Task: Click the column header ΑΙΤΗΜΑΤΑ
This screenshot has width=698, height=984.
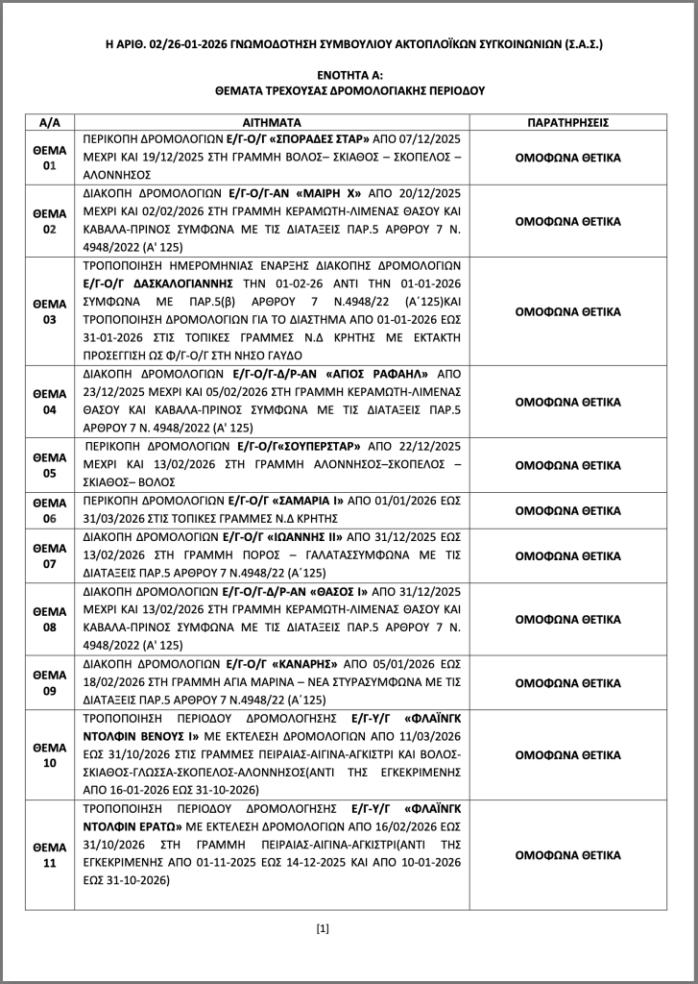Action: [x=273, y=124]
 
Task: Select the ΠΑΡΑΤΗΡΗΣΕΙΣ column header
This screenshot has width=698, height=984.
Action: [x=569, y=124]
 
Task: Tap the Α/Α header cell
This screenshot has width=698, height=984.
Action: [x=50, y=124]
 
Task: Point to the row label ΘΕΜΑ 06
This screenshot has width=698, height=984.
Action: [x=50, y=510]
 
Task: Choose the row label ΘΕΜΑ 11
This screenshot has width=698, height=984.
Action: [x=50, y=854]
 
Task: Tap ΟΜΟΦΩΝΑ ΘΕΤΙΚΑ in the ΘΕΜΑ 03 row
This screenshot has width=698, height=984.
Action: [x=568, y=312]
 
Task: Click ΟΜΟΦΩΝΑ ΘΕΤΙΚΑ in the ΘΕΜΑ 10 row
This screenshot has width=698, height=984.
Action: [x=568, y=755]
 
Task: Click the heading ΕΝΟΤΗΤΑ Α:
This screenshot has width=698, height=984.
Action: [x=349, y=74]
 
